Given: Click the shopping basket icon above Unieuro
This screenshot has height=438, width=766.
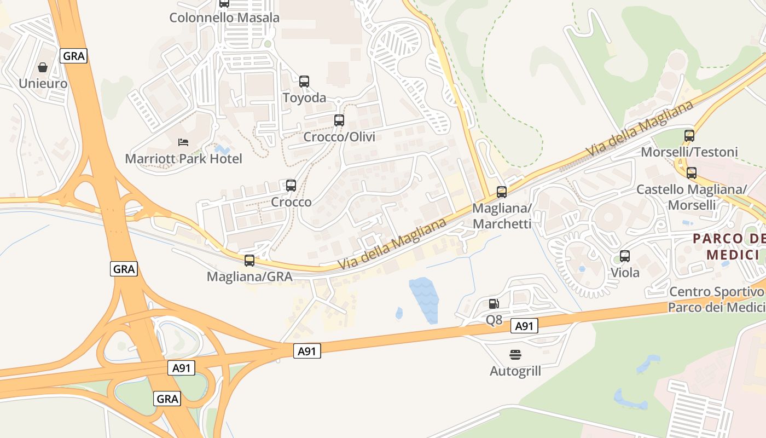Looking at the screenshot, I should [43, 68].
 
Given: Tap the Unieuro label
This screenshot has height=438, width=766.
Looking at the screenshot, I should [43, 84].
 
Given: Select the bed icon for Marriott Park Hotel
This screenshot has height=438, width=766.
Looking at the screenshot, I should [183, 143].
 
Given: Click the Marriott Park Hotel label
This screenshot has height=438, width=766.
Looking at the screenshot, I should [183, 159].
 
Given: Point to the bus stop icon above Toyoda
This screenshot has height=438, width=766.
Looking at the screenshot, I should [304, 82].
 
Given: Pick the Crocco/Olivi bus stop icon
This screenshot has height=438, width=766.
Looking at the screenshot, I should [339, 120].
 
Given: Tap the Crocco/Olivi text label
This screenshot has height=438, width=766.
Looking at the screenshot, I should [339, 137].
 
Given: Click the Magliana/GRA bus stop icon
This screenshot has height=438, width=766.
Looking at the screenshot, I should [249, 261].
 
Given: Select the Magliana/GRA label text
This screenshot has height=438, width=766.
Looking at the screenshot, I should [249, 277].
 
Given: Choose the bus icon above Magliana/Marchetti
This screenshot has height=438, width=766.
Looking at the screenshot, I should [502, 192].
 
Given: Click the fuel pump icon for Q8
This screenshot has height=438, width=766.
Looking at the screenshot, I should [494, 304].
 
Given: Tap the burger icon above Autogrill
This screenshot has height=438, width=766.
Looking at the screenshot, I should [515, 355].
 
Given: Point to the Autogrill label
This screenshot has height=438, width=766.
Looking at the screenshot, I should [515, 371].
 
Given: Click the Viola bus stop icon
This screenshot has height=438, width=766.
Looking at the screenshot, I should [625, 256].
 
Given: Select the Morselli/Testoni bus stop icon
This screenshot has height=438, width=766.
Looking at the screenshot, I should [689, 136].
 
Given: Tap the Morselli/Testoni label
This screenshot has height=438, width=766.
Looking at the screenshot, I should [689, 152].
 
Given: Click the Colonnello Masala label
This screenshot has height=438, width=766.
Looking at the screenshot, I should [224, 18].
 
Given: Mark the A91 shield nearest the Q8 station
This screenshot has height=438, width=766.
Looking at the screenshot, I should [524, 326].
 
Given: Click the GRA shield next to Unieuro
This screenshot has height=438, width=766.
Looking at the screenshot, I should [73, 56].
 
